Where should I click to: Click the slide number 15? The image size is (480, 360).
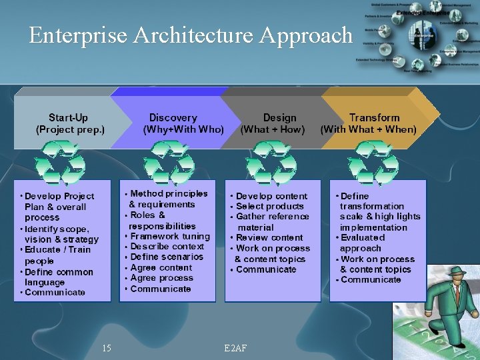tap(107, 347)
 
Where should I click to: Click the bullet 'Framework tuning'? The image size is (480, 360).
tap(170, 236)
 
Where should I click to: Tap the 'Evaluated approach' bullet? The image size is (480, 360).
tap(364, 243)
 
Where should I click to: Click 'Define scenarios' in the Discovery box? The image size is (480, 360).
tap(167, 257)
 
